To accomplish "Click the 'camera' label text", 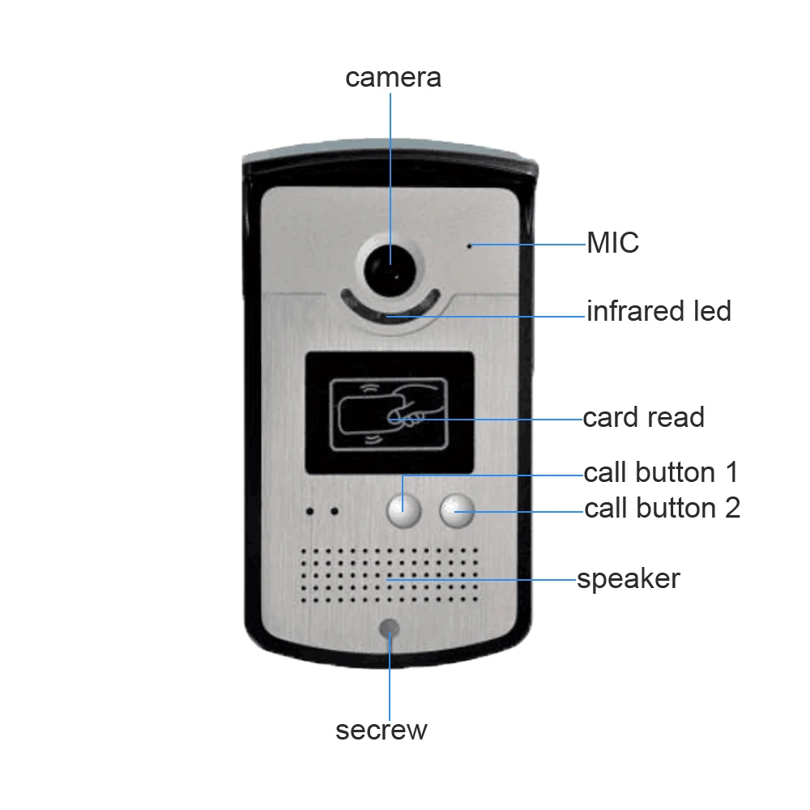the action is point(393,78).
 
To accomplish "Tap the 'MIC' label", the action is point(612,242).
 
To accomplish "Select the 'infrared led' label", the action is point(659,311).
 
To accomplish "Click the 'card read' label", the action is point(644,417).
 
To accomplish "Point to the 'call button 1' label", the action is point(661,472).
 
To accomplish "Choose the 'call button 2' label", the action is point(663,508).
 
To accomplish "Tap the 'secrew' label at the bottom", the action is point(382,730).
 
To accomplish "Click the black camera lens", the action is point(390,269).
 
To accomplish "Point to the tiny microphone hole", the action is point(469,246).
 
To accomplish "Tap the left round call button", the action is point(404,511).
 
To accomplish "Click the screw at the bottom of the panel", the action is point(389,629).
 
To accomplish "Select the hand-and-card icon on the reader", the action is point(389,414).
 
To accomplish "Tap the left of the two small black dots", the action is point(309,511).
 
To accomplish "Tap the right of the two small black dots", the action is point(335,511).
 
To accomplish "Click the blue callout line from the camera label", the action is point(390,179).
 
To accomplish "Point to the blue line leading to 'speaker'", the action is point(481,580).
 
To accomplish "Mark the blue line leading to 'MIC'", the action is point(528,245).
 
